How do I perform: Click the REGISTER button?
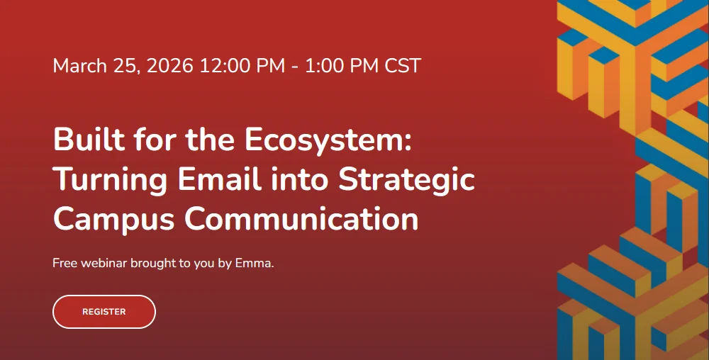pos(104,312)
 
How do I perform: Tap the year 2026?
pos(170,66)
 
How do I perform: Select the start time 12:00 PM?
pos(242,66)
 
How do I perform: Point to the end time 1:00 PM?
pos(342,66)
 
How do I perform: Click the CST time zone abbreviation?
pos(403,66)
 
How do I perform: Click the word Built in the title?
pos(89,140)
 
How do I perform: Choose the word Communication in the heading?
pos(301,219)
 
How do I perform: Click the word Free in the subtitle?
pos(65,263)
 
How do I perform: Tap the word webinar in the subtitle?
pos(104,263)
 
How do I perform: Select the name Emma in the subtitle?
pos(253,263)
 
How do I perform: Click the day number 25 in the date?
pos(127,66)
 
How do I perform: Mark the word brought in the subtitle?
pos(153,264)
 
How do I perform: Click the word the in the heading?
pos(211,140)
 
